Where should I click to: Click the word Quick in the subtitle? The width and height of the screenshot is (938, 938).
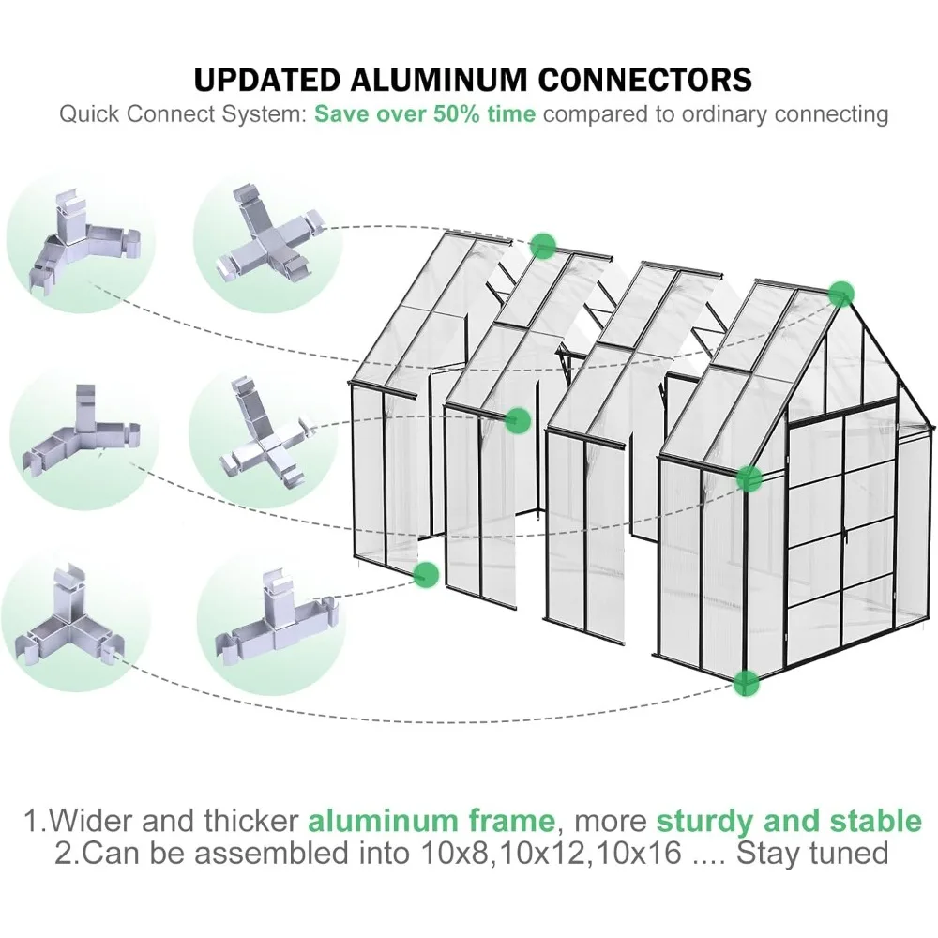(89, 114)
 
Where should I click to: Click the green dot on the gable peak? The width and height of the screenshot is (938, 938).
(841, 293)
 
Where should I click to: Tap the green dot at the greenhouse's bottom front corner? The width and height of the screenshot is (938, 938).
(747, 682)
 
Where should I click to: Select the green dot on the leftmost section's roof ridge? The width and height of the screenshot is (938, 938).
(542, 246)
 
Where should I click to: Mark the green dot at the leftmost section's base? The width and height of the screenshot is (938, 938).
(426, 574)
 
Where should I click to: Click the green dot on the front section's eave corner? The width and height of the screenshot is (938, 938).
(748, 478)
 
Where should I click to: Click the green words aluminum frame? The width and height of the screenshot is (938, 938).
(431, 822)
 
